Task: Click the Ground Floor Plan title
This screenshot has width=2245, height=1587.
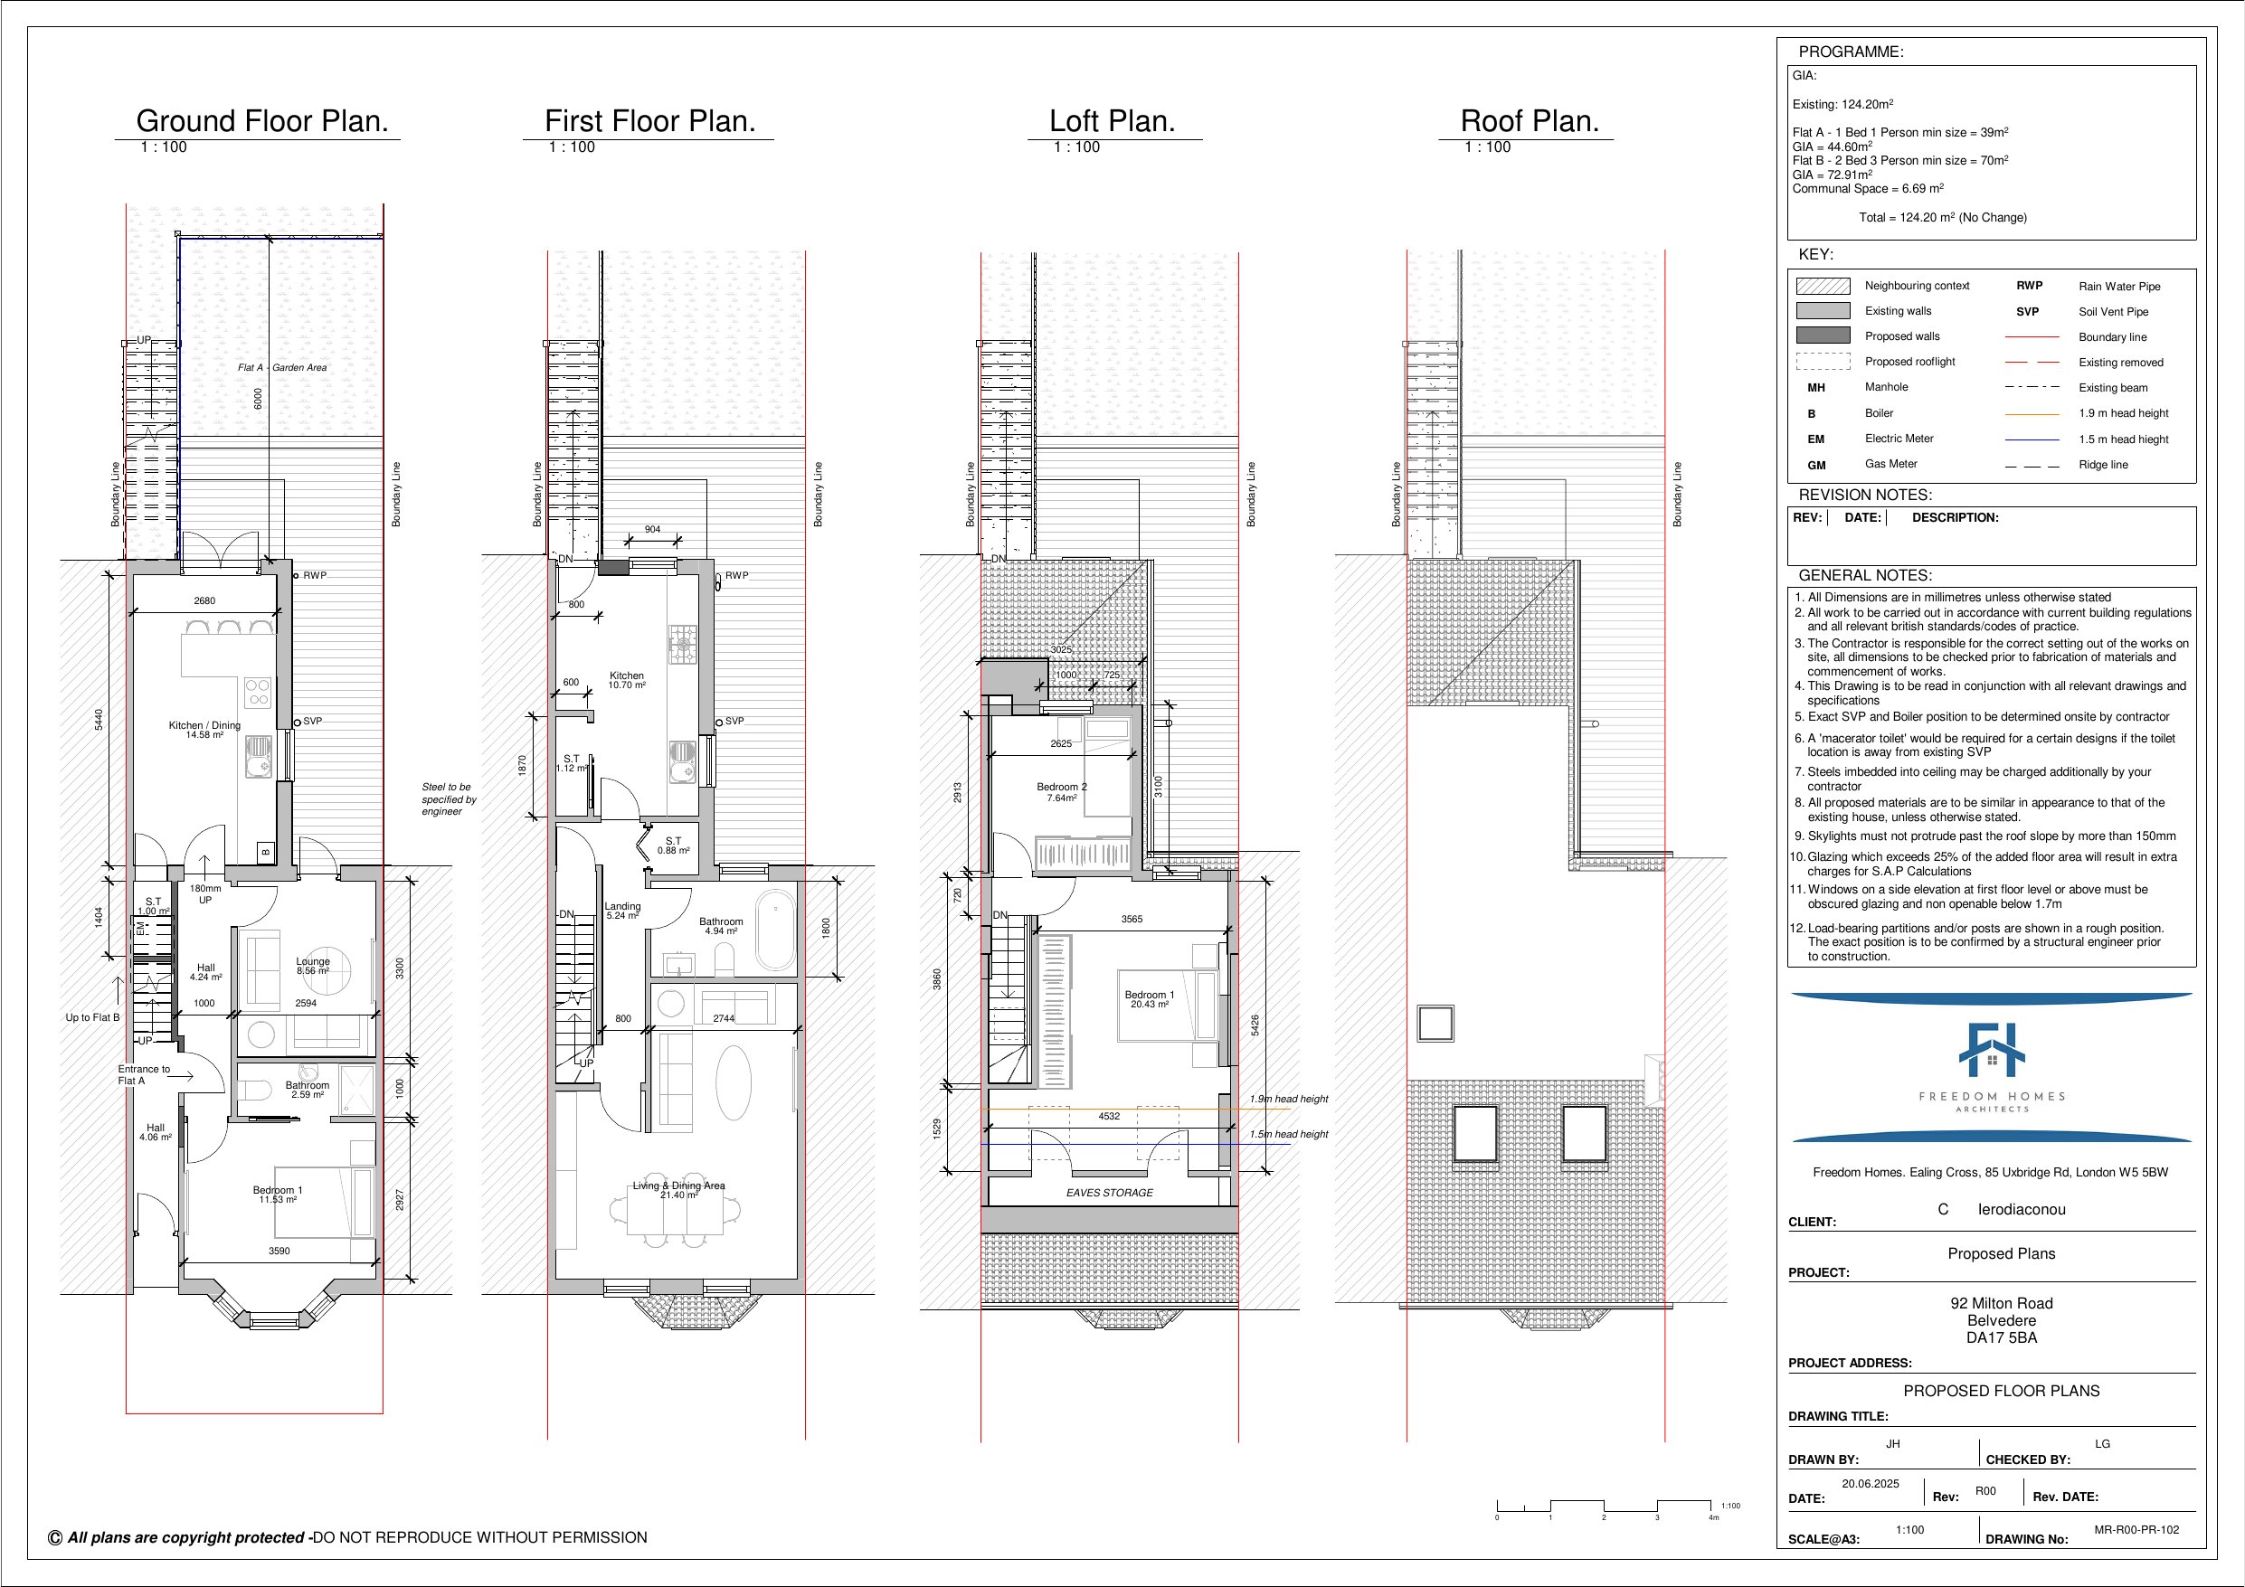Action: point(262,121)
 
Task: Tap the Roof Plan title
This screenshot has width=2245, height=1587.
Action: point(1530,121)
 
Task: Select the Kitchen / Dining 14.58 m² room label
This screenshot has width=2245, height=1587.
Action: point(204,730)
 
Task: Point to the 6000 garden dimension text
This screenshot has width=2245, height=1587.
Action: point(258,399)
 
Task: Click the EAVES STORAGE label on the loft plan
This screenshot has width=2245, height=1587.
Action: point(1109,1193)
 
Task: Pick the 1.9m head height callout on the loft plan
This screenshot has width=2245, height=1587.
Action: point(1289,1099)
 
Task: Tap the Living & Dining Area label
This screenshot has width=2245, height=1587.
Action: point(678,1190)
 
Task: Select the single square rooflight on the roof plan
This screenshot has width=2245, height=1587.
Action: point(1435,1024)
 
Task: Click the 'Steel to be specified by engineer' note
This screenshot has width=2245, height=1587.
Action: point(449,798)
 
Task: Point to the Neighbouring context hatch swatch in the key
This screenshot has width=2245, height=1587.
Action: point(1823,286)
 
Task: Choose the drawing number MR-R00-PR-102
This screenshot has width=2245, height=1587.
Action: point(2136,1529)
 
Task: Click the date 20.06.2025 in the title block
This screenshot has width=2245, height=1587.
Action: point(1870,1483)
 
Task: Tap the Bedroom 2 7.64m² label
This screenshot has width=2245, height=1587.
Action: point(1061,792)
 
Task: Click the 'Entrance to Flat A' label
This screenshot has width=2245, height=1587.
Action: point(144,1074)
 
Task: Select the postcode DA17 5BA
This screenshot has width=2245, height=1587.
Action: point(2001,1337)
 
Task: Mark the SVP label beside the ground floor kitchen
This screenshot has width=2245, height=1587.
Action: point(312,721)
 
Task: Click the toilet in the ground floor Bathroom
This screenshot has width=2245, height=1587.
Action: point(257,1090)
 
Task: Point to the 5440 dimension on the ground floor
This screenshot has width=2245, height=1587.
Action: point(98,720)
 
